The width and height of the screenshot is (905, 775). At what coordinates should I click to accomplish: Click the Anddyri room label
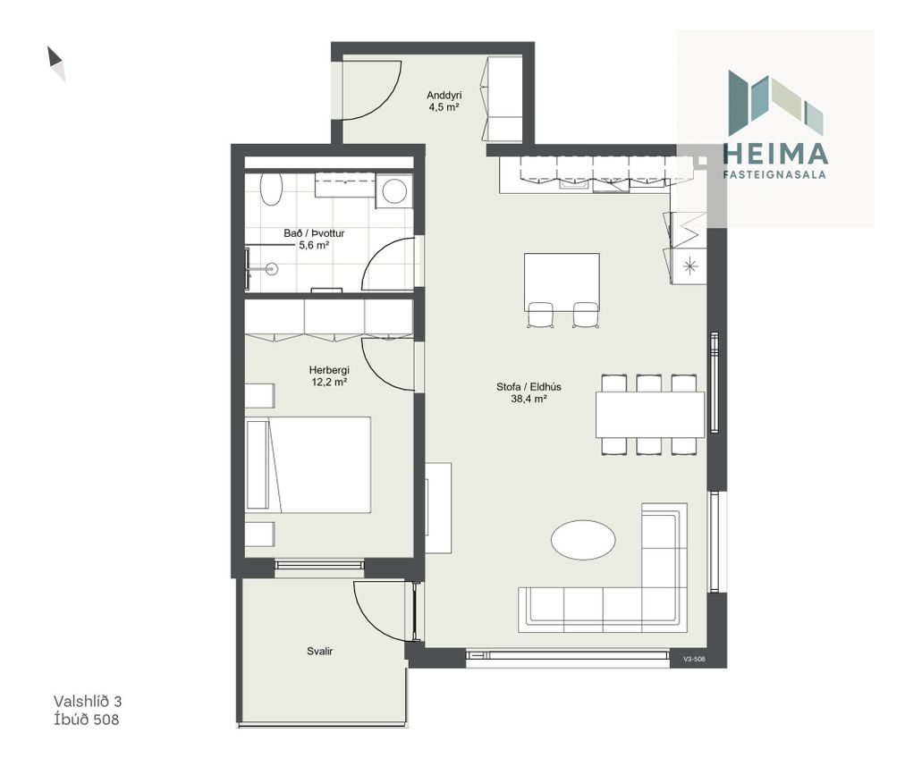click(444, 96)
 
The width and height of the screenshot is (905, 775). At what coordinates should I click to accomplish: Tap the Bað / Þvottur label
click(314, 233)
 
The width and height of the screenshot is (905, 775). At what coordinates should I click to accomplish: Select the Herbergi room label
click(329, 370)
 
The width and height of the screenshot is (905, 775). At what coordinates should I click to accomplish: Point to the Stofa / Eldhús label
click(529, 387)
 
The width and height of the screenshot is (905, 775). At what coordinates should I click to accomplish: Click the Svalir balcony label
click(320, 651)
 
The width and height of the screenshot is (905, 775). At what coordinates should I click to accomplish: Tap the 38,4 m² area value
click(529, 398)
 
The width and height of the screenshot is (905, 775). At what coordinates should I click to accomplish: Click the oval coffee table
click(583, 540)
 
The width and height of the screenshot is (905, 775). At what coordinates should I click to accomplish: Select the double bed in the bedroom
click(308, 465)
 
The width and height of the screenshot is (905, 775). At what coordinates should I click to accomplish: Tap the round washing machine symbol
click(394, 191)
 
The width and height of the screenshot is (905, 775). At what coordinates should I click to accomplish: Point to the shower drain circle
click(271, 268)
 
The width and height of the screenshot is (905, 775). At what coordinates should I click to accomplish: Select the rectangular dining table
click(650, 415)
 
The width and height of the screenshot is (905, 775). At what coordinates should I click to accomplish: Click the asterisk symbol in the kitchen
click(691, 266)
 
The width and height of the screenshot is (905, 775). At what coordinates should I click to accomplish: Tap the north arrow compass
click(56, 63)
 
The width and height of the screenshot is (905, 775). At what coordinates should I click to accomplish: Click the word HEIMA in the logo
click(775, 154)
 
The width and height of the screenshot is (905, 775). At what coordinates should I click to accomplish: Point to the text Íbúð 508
click(87, 719)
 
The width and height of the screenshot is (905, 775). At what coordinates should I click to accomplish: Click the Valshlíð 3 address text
click(88, 701)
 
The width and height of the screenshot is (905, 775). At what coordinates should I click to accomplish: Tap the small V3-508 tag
click(694, 659)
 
